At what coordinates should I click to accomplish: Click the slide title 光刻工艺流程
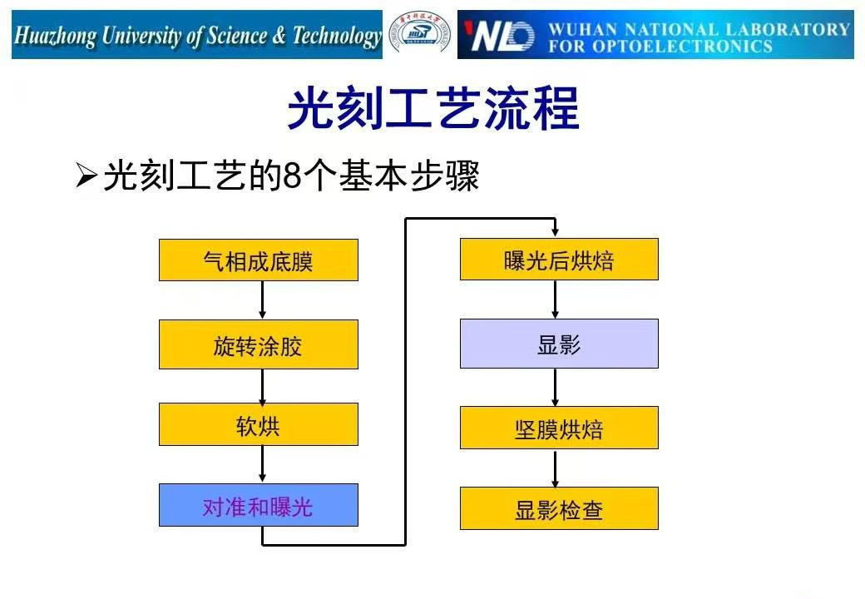432,109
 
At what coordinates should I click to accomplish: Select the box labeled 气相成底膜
259,260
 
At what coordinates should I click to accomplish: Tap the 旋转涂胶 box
259,344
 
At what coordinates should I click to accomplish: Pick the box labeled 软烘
259,425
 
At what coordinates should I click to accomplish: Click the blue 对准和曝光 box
259,505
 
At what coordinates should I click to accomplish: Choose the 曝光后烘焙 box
559,260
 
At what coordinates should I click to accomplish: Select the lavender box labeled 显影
559,344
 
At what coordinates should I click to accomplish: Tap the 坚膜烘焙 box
559,428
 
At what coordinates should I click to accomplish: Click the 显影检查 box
559,508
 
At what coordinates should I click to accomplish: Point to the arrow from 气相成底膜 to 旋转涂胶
262,300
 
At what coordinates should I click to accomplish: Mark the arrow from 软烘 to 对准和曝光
262,464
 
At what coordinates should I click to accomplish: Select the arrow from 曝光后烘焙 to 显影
556,299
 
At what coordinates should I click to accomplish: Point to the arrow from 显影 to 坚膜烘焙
556,387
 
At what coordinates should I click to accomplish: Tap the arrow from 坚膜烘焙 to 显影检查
556,468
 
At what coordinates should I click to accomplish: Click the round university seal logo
421,35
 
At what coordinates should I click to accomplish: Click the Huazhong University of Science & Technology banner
197,36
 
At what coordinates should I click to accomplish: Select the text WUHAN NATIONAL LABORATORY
699,29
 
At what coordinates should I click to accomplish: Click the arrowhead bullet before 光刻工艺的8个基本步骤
86,176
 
